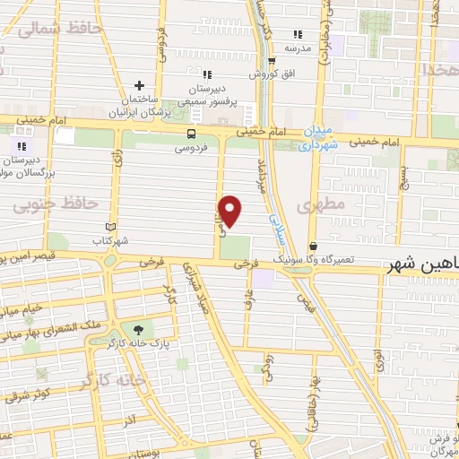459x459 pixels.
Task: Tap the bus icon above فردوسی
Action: (189, 134)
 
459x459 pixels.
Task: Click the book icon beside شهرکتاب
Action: (111, 229)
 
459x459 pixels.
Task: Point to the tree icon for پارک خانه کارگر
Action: (136, 330)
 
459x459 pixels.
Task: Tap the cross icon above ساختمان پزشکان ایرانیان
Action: (138, 85)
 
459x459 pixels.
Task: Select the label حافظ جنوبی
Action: (55, 204)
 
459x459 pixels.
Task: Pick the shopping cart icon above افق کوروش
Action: (272, 62)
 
